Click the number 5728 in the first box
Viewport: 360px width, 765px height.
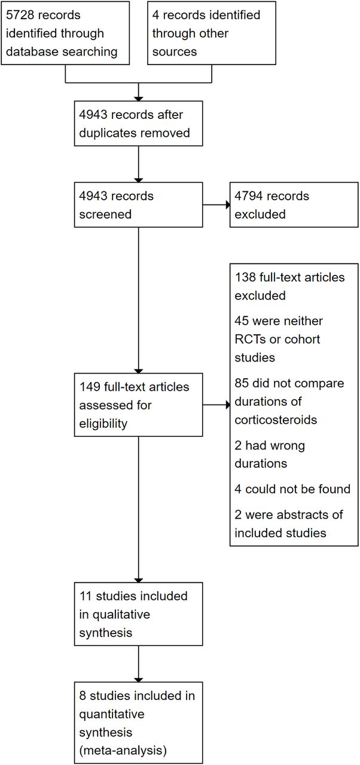[20, 15]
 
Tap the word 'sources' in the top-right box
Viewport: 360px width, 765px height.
[175, 52]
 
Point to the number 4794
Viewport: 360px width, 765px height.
[248, 196]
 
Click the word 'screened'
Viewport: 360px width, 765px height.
[105, 215]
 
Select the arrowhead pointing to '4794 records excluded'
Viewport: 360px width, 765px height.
[227, 205]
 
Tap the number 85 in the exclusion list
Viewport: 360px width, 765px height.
[242, 383]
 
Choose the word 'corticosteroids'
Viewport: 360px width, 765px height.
[276, 420]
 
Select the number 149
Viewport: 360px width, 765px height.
[90, 387]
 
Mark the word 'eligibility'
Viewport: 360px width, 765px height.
[103, 424]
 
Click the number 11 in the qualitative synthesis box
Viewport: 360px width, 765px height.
[86, 596]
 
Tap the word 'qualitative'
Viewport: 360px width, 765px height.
[121, 615]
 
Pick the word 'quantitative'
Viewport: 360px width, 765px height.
[112, 714]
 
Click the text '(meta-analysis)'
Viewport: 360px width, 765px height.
[123, 751]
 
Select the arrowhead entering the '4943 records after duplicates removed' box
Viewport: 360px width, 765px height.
[138, 99]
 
